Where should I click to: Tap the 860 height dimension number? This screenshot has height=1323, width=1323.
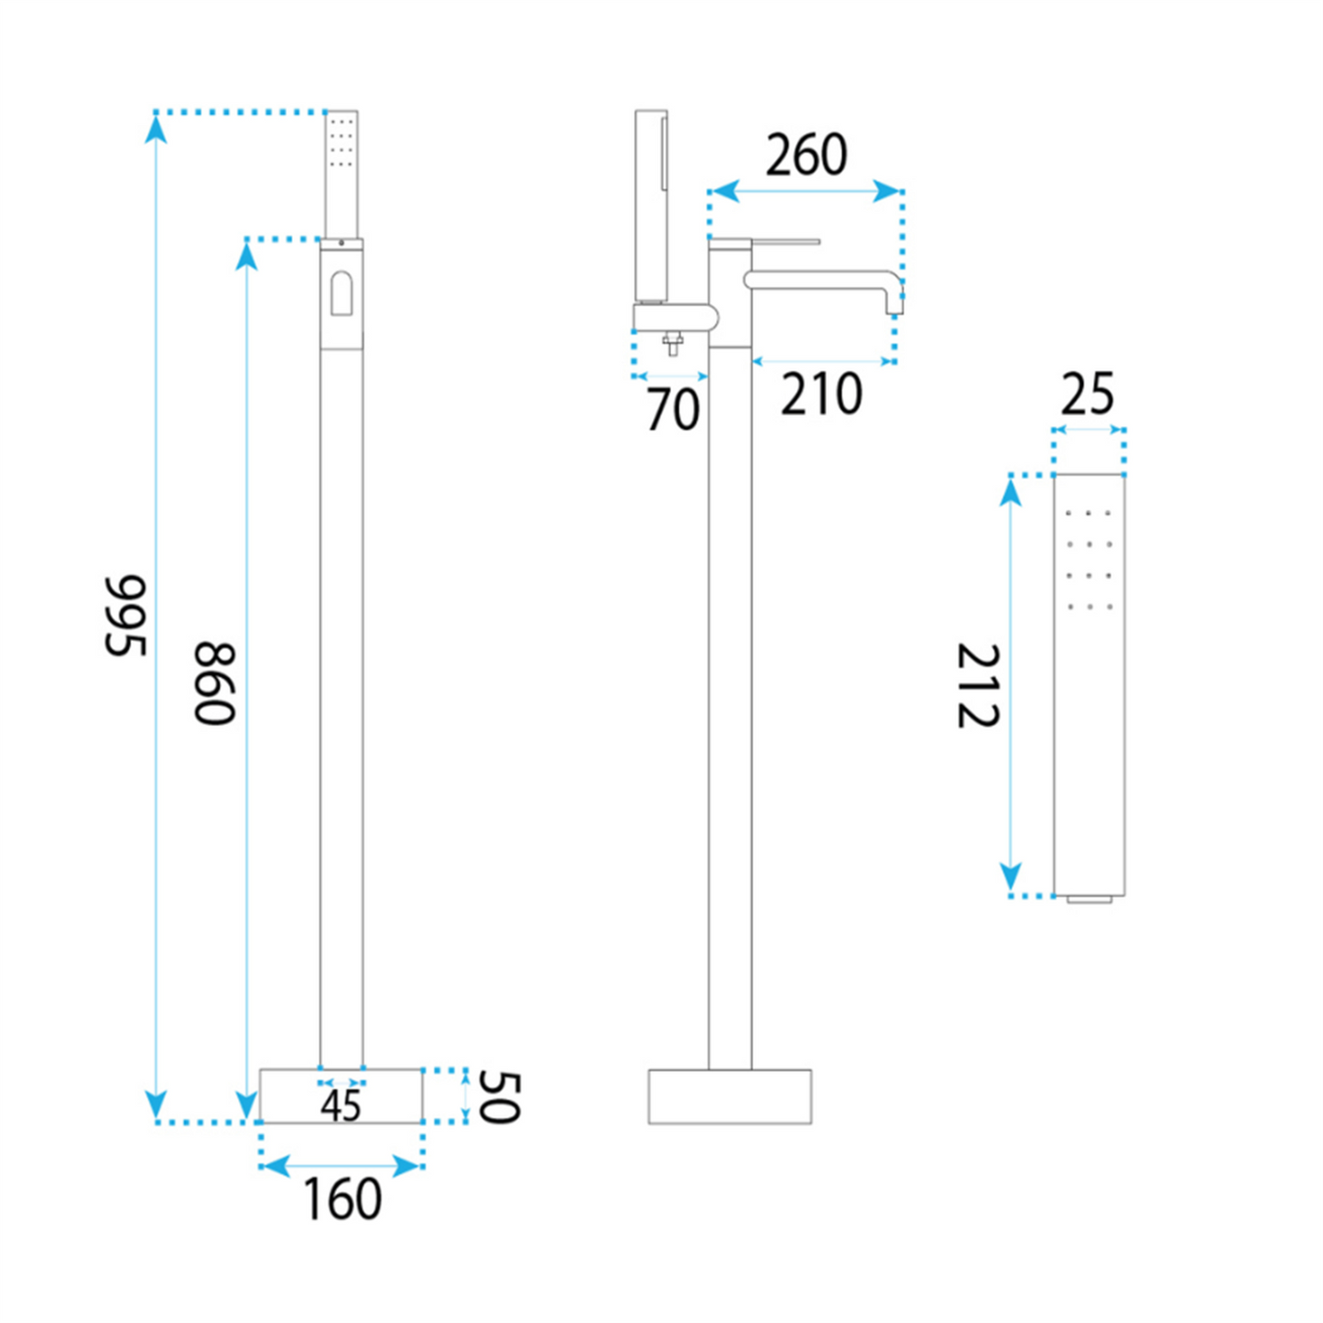[x=214, y=683]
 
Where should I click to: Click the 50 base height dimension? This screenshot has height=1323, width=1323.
[x=499, y=1097]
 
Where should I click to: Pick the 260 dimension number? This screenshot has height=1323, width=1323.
[x=806, y=155]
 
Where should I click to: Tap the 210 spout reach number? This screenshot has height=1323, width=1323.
[x=821, y=394]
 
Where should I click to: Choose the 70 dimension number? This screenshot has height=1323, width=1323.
[x=673, y=410]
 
